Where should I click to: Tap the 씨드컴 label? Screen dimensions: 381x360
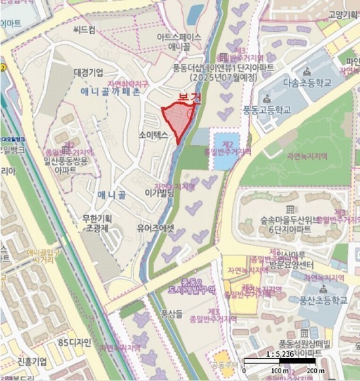point(84,30)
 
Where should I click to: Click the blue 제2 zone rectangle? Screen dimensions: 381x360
point(222,152)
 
